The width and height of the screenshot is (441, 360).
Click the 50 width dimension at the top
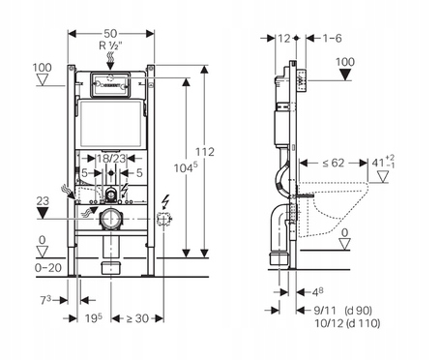point(110,33)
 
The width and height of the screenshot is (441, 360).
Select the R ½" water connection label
point(110,45)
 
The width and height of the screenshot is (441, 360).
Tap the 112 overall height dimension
point(205,152)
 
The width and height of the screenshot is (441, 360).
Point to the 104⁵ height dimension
point(186,167)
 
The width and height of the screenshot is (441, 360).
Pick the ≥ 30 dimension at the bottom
point(137,318)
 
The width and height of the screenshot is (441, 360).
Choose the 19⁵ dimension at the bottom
point(94,318)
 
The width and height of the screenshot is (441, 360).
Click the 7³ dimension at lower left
point(45,300)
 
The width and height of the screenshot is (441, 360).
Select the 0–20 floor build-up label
point(48,268)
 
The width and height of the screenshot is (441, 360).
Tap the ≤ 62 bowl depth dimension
point(334,163)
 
